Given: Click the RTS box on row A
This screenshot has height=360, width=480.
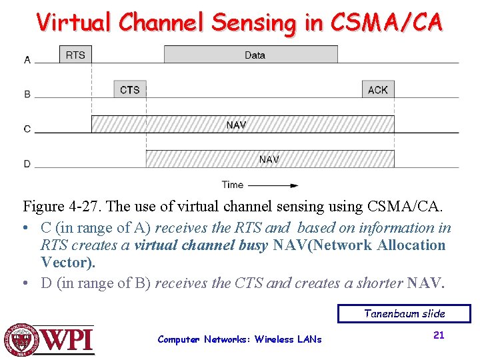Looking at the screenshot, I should click(75, 54).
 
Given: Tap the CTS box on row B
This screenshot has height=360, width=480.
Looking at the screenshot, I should click(129, 89).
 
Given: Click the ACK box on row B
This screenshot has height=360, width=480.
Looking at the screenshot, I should click(378, 89).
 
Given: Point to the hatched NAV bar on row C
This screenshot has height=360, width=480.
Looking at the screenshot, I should click(242, 124).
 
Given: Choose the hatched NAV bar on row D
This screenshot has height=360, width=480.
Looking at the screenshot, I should click(270, 159).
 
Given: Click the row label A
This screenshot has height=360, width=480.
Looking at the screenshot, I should click(27, 60).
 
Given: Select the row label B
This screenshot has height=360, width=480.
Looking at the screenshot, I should click(27, 95).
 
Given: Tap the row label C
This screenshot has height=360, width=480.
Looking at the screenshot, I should click(27, 129).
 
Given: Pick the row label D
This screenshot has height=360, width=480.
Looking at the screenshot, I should click(27, 164).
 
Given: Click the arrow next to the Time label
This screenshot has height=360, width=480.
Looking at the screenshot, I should click(273, 185).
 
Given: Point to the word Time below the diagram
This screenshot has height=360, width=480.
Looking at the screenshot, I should click(233, 185).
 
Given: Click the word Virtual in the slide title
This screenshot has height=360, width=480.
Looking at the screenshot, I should click(74, 23).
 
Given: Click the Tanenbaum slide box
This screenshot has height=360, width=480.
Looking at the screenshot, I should click(404, 313).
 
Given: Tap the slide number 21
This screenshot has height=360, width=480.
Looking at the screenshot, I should click(439, 335).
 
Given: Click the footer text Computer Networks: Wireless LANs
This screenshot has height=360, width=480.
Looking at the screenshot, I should click(239, 339).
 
